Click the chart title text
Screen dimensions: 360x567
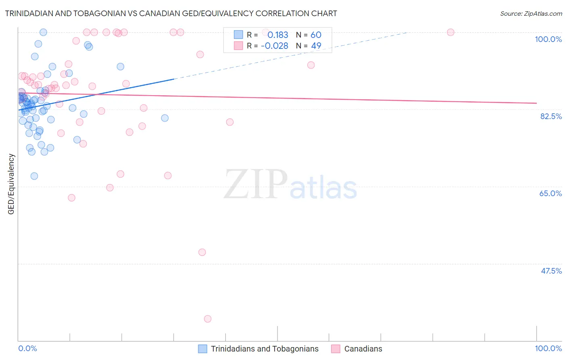(x=171, y=13)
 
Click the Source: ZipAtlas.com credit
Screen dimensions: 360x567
(x=531, y=13)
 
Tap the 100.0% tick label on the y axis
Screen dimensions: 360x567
(x=548, y=39)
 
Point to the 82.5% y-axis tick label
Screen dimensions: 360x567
(x=551, y=116)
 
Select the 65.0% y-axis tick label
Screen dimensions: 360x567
(x=550, y=193)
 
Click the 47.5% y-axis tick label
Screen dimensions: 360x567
(x=551, y=271)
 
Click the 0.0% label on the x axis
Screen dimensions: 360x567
(x=27, y=348)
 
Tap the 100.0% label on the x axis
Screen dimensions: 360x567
(x=548, y=348)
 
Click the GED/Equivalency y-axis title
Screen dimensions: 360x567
(x=11, y=184)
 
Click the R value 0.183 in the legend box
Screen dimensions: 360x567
(x=278, y=35)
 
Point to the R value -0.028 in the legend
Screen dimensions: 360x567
(x=275, y=46)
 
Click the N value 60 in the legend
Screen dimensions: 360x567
(x=316, y=35)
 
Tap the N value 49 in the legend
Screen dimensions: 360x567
(x=316, y=46)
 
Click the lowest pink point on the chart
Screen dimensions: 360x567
(x=208, y=319)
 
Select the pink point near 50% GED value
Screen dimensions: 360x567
(x=202, y=252)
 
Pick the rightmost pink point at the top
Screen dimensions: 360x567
(x=450, y=32)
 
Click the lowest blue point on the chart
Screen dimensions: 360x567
(x=34, y=176)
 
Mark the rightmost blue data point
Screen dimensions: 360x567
(x=165, y=118)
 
